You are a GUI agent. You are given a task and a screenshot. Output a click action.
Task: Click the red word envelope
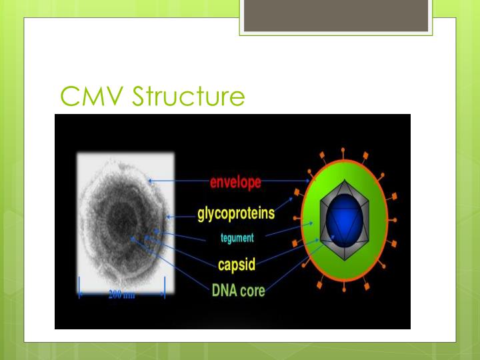[235, 182]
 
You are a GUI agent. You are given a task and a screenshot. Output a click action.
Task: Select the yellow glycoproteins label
[236, 215]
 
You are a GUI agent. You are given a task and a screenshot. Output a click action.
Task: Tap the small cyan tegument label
[237, 238]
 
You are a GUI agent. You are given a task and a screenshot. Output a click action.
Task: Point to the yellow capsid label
[237, 264]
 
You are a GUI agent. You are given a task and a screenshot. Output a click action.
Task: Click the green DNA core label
[238, 291]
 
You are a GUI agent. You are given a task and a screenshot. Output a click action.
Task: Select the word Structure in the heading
[189, 97]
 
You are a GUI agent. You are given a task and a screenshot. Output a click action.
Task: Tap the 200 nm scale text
[121, 295]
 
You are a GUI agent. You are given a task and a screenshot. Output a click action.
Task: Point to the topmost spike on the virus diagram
[343, 152]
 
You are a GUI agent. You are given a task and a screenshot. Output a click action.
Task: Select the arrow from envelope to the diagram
[287, 181]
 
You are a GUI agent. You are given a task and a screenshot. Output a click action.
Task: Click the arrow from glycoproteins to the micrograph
[181, 217]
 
